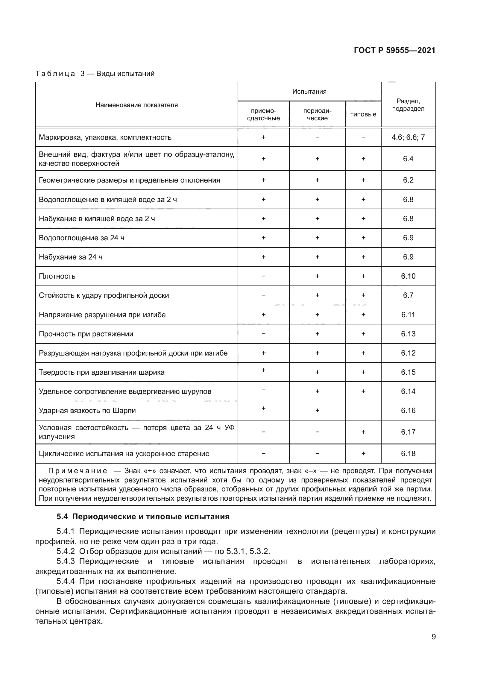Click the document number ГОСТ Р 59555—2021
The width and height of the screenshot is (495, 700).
(394, 51)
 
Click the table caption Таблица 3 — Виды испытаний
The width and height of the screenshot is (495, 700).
(95, 74)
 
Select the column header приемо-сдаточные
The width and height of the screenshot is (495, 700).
(263, 115)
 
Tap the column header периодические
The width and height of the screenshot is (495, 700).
(317, 115)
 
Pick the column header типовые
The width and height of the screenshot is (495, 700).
(363, 115)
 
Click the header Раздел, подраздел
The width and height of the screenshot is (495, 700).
(408, 105)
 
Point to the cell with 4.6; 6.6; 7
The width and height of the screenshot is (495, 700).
(408, 137)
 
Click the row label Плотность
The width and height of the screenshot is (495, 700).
(57, 276)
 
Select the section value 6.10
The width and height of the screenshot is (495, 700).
(408, 276)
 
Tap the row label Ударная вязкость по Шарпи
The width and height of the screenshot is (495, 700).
(87, 411)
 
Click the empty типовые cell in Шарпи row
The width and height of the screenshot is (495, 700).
(363, 411)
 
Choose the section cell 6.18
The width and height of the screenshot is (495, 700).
(408, 454)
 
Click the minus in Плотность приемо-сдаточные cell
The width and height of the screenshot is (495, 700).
(263, 276)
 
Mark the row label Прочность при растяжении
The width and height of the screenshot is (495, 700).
(86, 334)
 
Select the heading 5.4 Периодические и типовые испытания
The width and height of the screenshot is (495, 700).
(143, 517)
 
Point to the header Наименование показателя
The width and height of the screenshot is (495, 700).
(136, 105)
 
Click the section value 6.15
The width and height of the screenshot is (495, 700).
(408, 372)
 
